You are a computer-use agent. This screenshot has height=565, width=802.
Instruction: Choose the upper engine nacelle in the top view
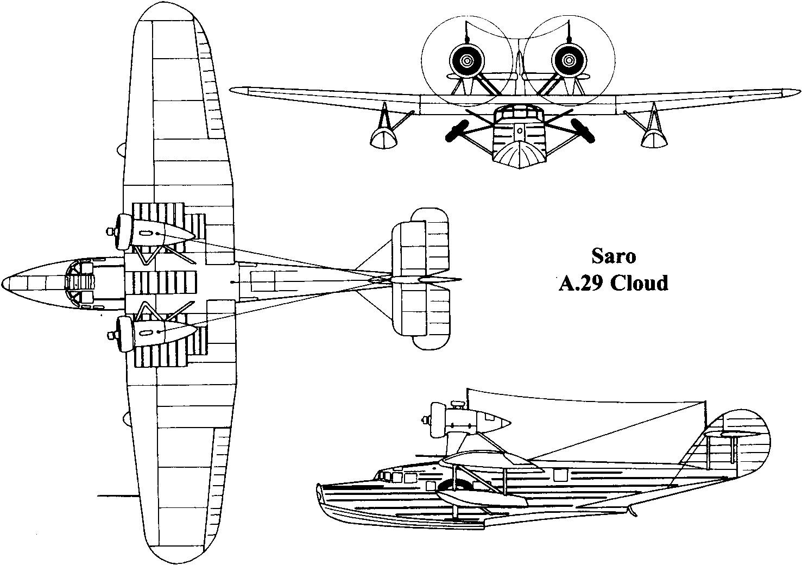(x=157, y=233)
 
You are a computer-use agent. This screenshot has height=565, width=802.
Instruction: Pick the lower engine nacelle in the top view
(x=157, y=332)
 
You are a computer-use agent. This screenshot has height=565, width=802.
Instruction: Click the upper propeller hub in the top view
(x=111, y=232)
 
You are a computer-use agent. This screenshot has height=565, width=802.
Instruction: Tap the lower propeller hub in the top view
(x=111, y=332)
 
